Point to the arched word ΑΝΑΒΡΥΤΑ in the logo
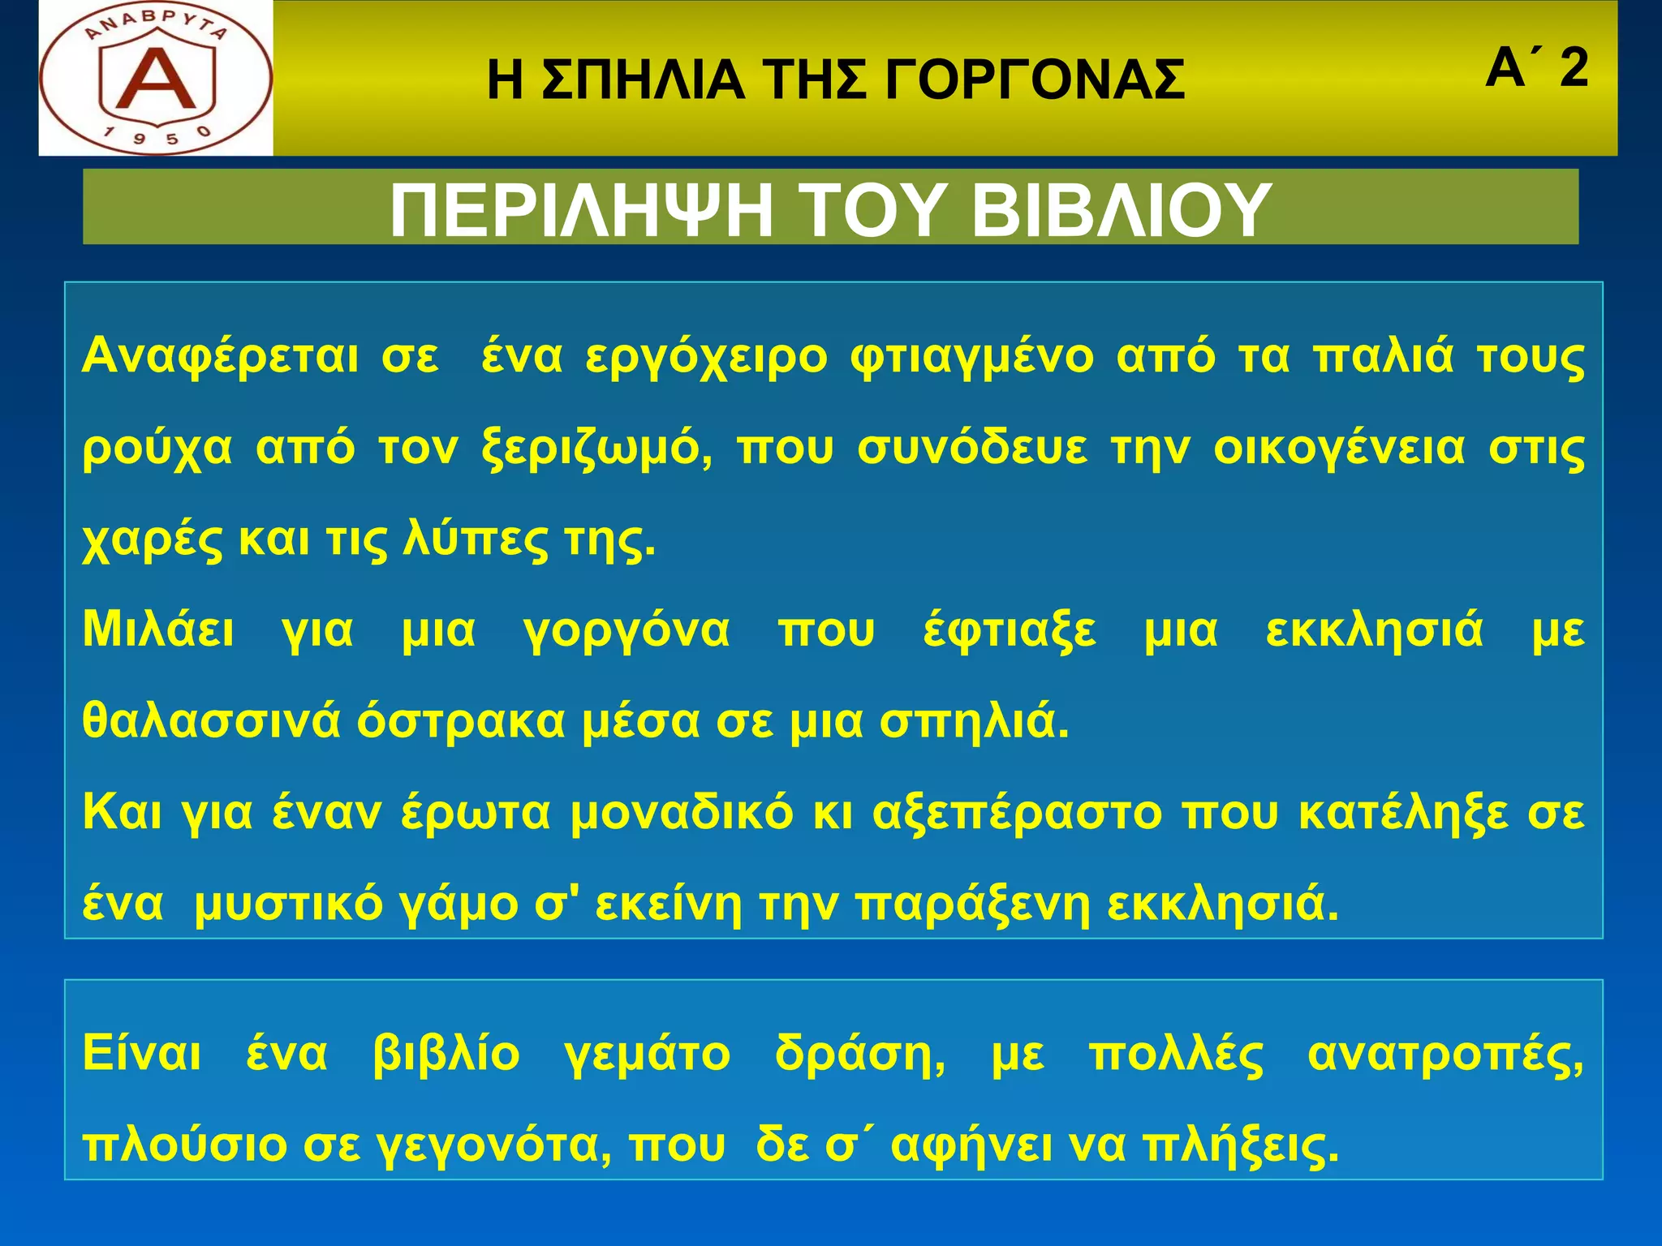click(156, 28)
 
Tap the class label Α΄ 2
click(1536, 68)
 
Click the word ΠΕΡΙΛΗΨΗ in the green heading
click(581, 210)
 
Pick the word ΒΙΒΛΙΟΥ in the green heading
click(1121, 210)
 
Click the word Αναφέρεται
click(220, 357)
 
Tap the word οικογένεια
click(1339, 449)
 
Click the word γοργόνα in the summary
click(626, 631)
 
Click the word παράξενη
click(973, 905)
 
